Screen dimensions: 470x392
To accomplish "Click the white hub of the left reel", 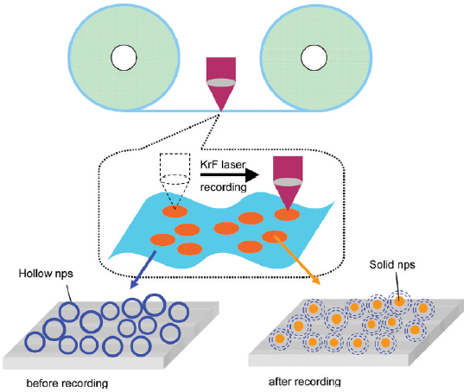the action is pos(124,58).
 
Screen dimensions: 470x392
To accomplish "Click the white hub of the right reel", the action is pos(314,58).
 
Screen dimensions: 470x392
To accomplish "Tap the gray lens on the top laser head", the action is pos(221,83).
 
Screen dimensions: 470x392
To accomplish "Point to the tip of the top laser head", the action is pos(221,111).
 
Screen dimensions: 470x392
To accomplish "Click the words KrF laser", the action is pos(223,164).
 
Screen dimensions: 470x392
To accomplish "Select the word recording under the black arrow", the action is pos(223,187).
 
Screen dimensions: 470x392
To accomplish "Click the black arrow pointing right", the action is pos(230,174).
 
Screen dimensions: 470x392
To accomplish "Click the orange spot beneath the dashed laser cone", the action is pos(175,212).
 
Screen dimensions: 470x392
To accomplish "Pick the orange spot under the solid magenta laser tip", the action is pos(287,214).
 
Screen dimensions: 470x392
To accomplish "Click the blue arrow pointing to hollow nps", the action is pos(143,269).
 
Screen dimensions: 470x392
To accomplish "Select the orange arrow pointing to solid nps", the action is pos(296,260).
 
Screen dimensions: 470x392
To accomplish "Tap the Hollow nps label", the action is pos(46,274).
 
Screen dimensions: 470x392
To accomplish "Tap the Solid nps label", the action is pos(392,264).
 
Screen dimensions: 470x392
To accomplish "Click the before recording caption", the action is pos(67,383).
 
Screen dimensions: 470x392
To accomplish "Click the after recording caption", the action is pos(304,382).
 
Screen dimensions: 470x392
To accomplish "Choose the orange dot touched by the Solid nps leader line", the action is pos(399,301).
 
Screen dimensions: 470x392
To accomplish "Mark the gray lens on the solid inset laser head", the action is pos(288,182).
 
